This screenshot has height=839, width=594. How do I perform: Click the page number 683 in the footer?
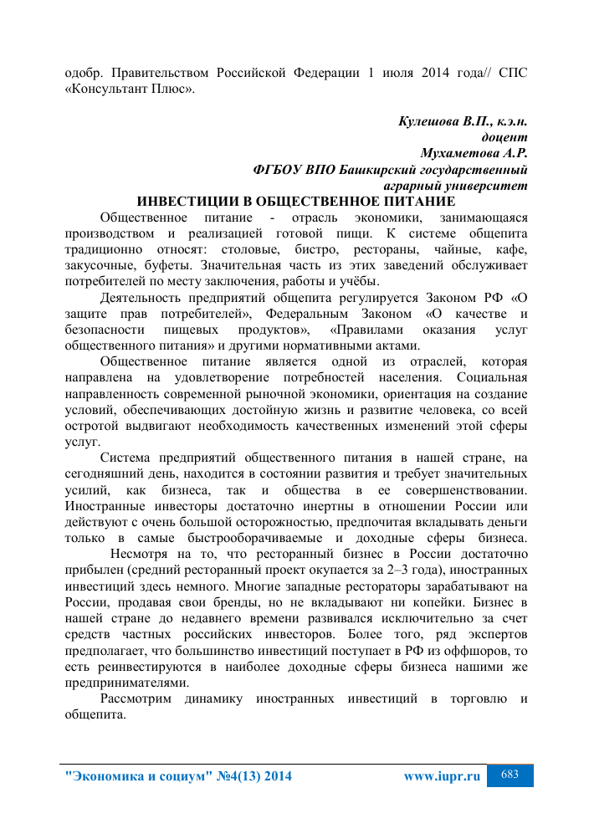tap(510, 775)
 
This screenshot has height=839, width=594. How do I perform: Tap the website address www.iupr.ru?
tap(442, 776)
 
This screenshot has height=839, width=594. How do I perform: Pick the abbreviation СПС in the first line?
tap(512, 72)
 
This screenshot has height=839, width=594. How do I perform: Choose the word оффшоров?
tap(469, 650)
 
